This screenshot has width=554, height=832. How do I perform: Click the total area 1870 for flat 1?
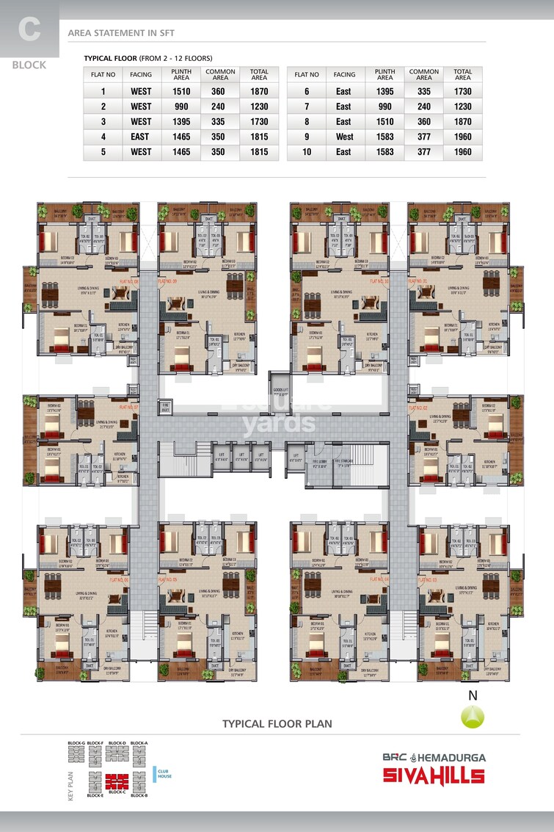coord(259,92)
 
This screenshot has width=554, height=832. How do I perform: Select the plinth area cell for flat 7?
coord(385,106)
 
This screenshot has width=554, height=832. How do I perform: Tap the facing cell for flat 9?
coord(344,137)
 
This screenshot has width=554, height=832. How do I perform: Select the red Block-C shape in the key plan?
coord(116,781)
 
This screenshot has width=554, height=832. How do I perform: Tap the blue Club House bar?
coord(155,773)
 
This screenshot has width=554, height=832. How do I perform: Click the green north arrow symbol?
coord(473,716)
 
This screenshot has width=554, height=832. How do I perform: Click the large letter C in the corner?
coord(29,30)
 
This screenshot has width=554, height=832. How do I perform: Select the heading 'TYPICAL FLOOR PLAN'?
coord(277,723)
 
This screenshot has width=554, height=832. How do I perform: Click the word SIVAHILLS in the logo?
coord(434,775)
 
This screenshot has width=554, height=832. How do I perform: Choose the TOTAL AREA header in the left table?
coord(259,74)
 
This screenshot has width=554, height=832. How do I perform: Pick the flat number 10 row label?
coord(306,152)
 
